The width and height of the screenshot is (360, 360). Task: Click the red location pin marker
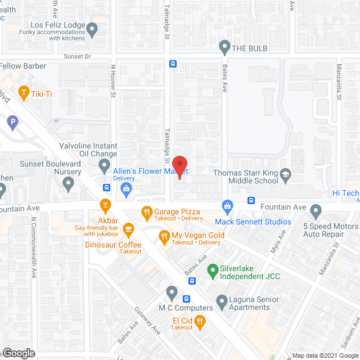179,167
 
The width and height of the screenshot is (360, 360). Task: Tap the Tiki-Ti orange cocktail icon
24,91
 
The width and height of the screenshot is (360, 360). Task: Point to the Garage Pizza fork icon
146,212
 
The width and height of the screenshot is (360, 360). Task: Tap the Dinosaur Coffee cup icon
129,228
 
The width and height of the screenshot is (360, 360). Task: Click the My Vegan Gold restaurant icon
164,236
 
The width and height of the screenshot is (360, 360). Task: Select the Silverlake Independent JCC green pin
213,271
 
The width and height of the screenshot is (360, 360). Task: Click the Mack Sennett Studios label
253,222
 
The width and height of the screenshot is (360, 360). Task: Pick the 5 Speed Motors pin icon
316,211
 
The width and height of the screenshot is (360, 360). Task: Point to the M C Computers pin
172,291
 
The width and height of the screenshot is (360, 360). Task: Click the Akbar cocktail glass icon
104,204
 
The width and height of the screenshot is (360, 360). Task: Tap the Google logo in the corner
18,353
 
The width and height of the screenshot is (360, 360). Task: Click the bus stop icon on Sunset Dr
173,64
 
